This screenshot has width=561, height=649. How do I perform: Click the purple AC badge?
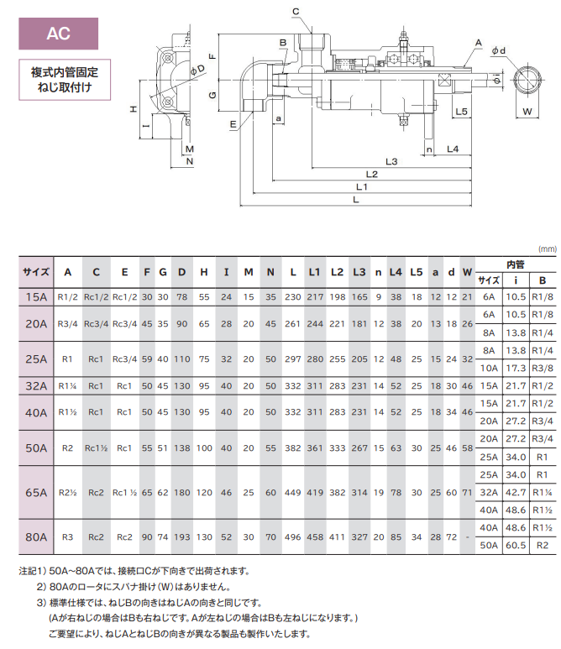click(59, 34)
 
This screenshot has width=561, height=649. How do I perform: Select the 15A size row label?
click(36, 296)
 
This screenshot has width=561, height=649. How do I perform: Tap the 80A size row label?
click(36, 535)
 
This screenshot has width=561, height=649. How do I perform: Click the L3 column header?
click(359, 271)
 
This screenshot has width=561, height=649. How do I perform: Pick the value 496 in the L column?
click(293, 535)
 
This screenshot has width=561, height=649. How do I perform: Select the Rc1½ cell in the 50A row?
click(97, 448)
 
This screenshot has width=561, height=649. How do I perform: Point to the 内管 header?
click(515, 264)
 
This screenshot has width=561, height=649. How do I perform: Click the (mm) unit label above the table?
click(548, 249)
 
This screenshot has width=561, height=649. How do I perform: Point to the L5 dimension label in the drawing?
click(460, 112)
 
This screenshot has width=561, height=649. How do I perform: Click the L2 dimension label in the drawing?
click(372, 174)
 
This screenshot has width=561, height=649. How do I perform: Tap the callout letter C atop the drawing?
click(295, 11)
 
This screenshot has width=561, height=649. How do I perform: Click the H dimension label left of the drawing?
click(134, 109)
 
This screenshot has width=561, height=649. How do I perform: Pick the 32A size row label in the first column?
click(36, 386)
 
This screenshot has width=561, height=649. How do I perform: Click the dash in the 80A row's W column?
click(468, 535)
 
